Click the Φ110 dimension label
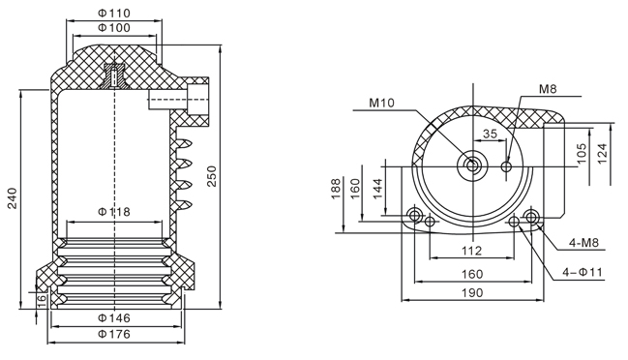(114, 14)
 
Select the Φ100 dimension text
(114, 28)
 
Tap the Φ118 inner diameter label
(114, 211)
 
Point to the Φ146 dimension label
(114, 318)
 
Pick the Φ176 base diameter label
(114, 334)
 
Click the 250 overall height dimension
(211, 176)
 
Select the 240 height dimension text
(13, 198)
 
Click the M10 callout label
(381, 103)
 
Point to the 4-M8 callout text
(583, 242)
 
